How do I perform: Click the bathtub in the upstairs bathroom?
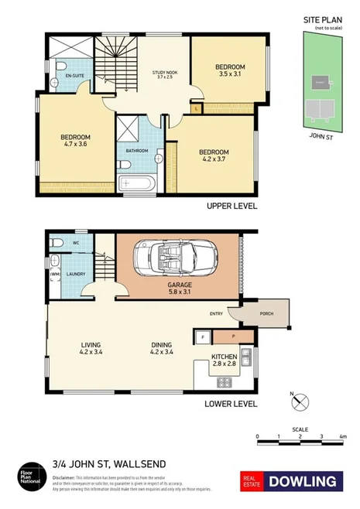pyautogui.click(x=138, y=184)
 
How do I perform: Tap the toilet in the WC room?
pyautogui.click(x=57, y=243)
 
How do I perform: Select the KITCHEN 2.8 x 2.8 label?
pyautogui.click(x=225, y=360)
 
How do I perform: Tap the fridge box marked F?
pyautogui.click(x=202, y=336)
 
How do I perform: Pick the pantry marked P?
pyautogui.click(x=233, y=336)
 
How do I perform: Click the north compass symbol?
pyautogui.click(x=302, y=401)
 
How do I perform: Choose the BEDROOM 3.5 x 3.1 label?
pyautogui.click(x=230, y=71)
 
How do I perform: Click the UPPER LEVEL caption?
pyautogui.click(x=231, y=207)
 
